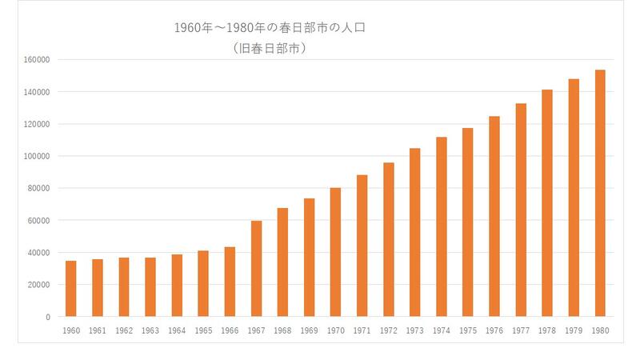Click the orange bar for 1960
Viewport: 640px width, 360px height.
[70, 289]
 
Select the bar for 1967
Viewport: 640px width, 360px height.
[256, 269]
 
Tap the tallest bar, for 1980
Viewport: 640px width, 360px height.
[600, 194]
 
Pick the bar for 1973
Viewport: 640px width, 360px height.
[414, 233]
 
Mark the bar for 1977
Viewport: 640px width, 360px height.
[521, 210]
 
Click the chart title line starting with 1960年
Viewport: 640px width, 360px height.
[270, 28]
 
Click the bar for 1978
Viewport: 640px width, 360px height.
[547, 203]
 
